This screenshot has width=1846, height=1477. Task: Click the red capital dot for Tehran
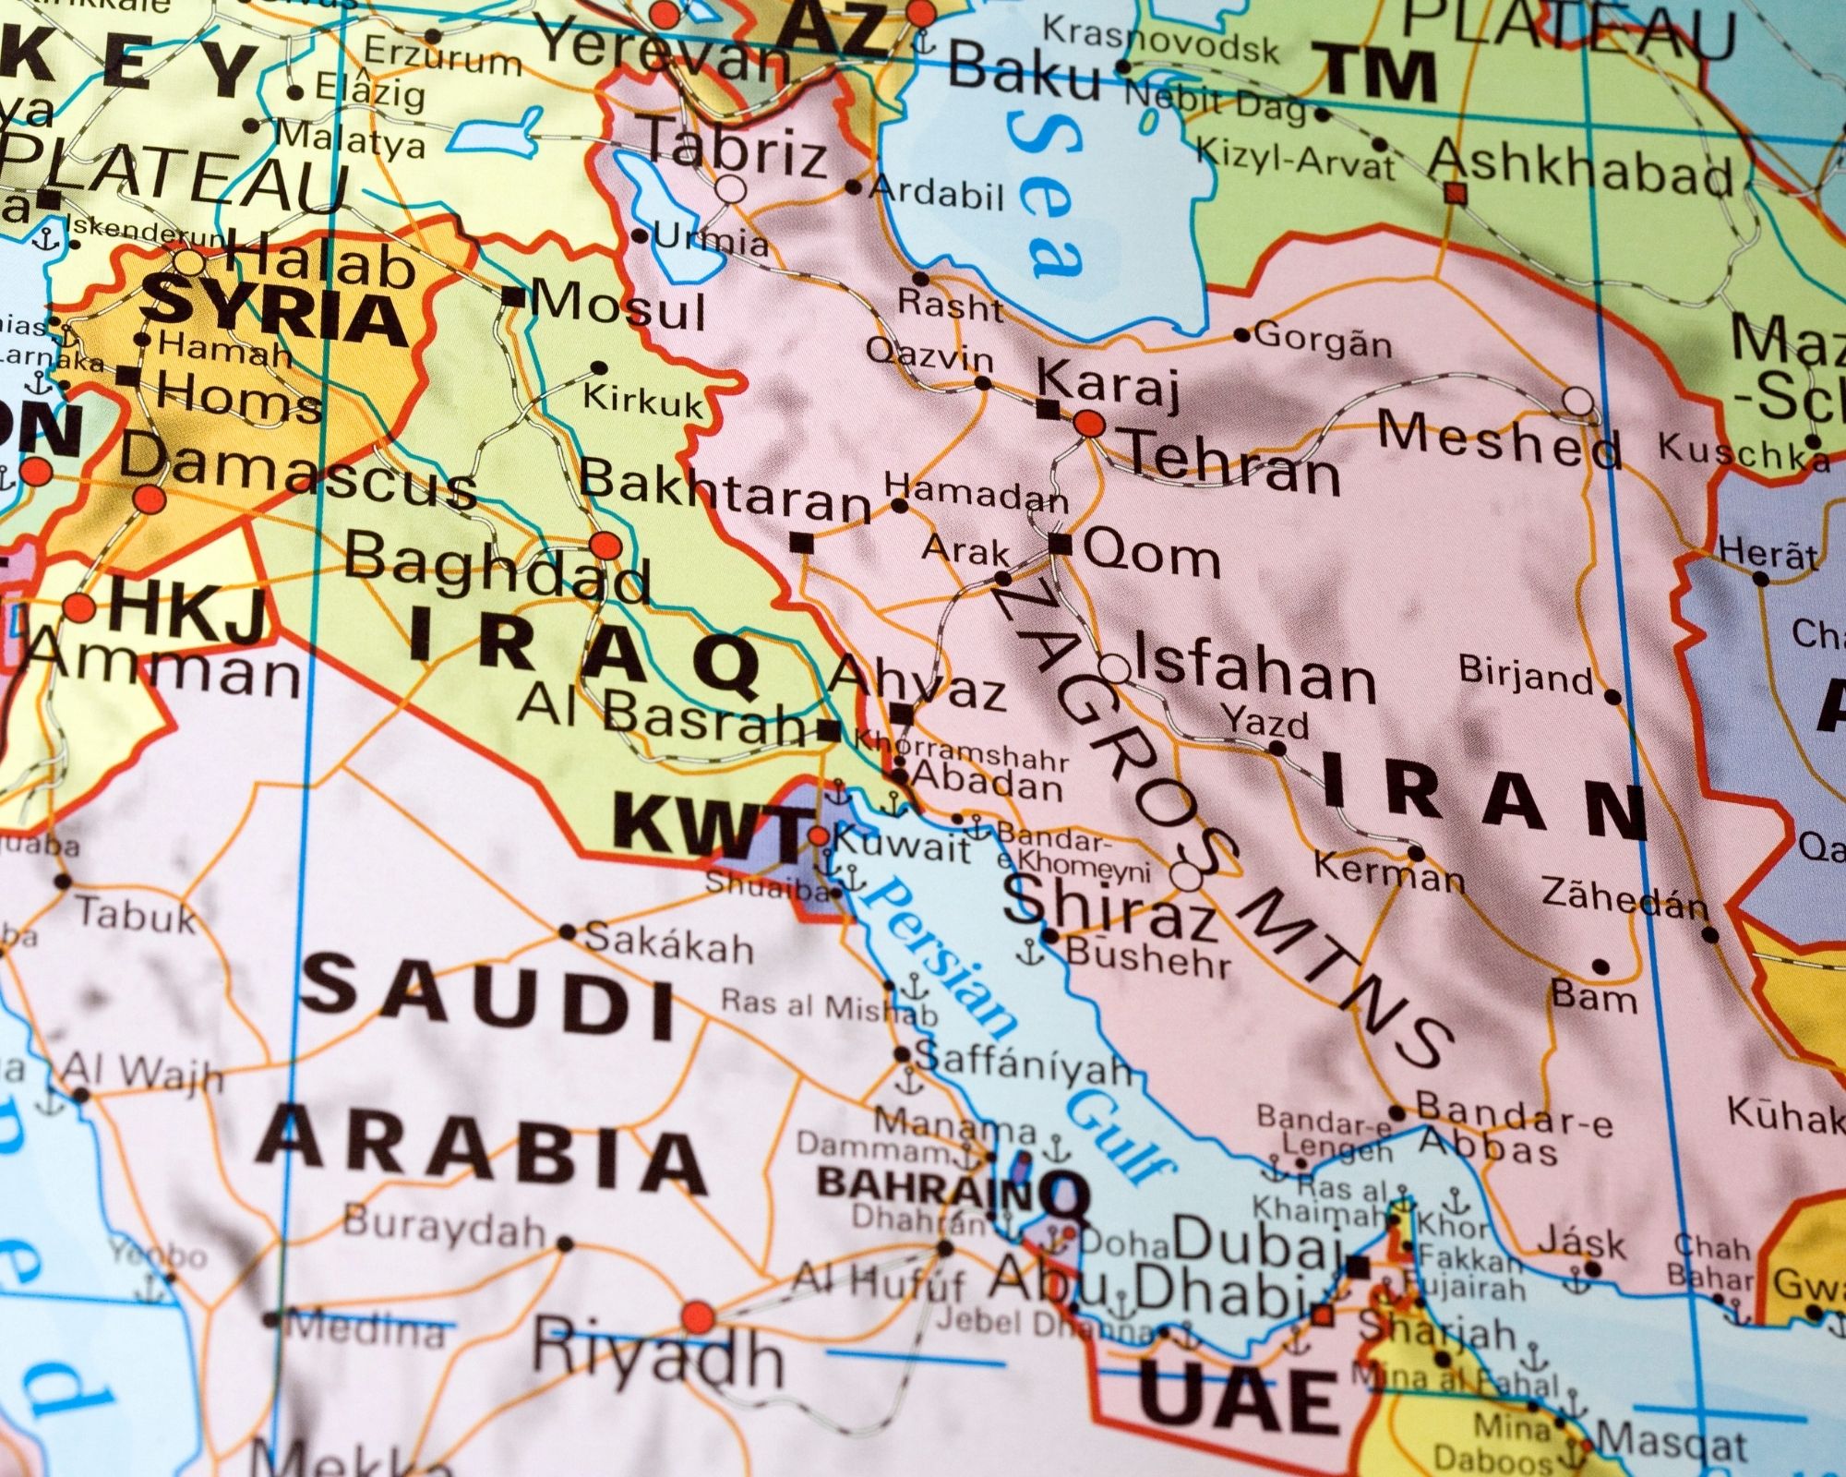pos(1089,424)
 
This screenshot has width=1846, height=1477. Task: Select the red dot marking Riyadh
pos(698,1315)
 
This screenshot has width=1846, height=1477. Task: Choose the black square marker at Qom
pos(1061,544)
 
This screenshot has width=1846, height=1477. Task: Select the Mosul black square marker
pos(512,297)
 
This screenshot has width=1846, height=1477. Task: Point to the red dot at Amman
pos(78,608)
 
